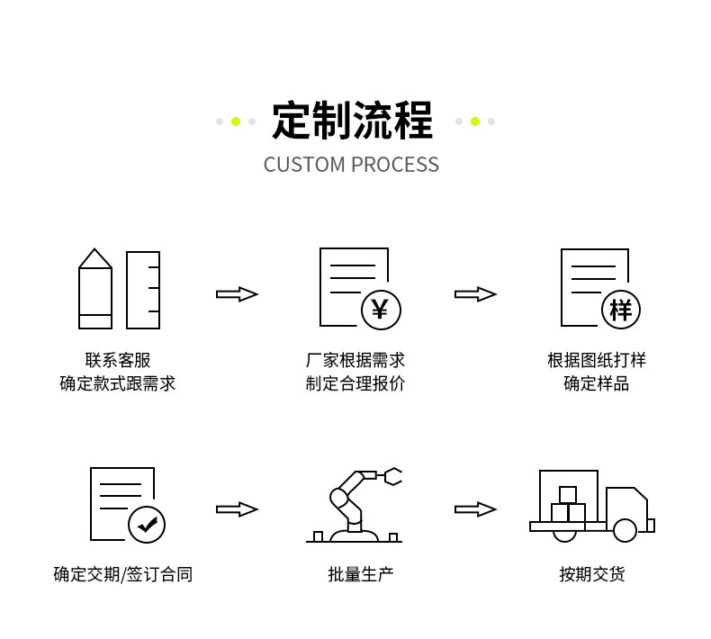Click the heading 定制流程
pyautogui.click(x=352, y=121)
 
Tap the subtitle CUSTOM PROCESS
pyautogui.click(x=351, y=165)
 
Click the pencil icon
pyautogui.click(x=95, y=289)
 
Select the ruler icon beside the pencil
pyautogui.click(x=143, y=290)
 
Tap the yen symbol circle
pyautogui.click(x=380, y=310)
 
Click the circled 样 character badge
pyautogui.click(x=620, y=310)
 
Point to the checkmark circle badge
pyautogui.click(x=147, y=524)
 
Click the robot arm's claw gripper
pyautogui.click(x=392, y=476)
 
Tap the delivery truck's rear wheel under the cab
pyautogui.click(x=625, y=530)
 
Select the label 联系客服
pyautogui.click(x=118, y=360)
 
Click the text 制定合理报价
pyautogui.click(x=355, y=383)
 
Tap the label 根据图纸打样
pyautogui.click(x=596, y=360)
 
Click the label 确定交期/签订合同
pyautogui.click(x=122, y=574)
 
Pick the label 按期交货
pyautogui.click(x=591, y=574)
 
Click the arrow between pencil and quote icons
pyautogui.click(x=237, y=294)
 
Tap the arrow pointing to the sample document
pyautogui.click(x=475, y=294)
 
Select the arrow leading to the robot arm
pyautogui.click(x=237, y=509)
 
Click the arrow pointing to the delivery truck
pyautogui.click(x=475, y=509)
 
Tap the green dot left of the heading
pyautogui.click(x=236, y=121)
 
